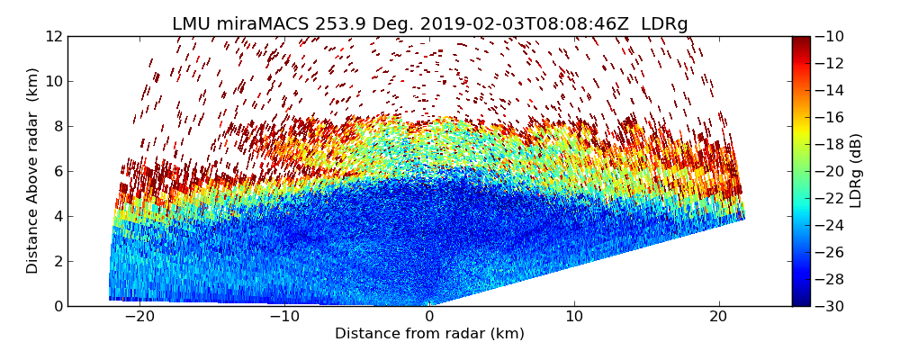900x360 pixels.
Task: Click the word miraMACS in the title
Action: coord(259,24)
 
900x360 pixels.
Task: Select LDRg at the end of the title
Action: coord(664,24)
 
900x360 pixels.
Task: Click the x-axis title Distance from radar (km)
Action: coord(429,334)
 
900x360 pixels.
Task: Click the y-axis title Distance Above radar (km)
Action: coord(33,171)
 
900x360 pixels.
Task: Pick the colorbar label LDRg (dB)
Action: coord(856,171)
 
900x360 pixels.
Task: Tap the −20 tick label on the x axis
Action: coord(139,317)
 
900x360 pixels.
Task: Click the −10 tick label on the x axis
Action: coord(284,317)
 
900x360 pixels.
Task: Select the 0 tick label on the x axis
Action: coord(429,317)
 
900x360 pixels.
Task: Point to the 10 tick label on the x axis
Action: coord(574,317)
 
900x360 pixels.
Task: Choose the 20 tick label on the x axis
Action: coord(719,317)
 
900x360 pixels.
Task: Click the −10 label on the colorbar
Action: coord(828,36)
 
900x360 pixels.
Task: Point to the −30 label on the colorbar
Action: coord(828,306)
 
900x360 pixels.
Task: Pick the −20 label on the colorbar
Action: coord(828,171)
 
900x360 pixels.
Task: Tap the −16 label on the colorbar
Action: coord(828,117)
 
